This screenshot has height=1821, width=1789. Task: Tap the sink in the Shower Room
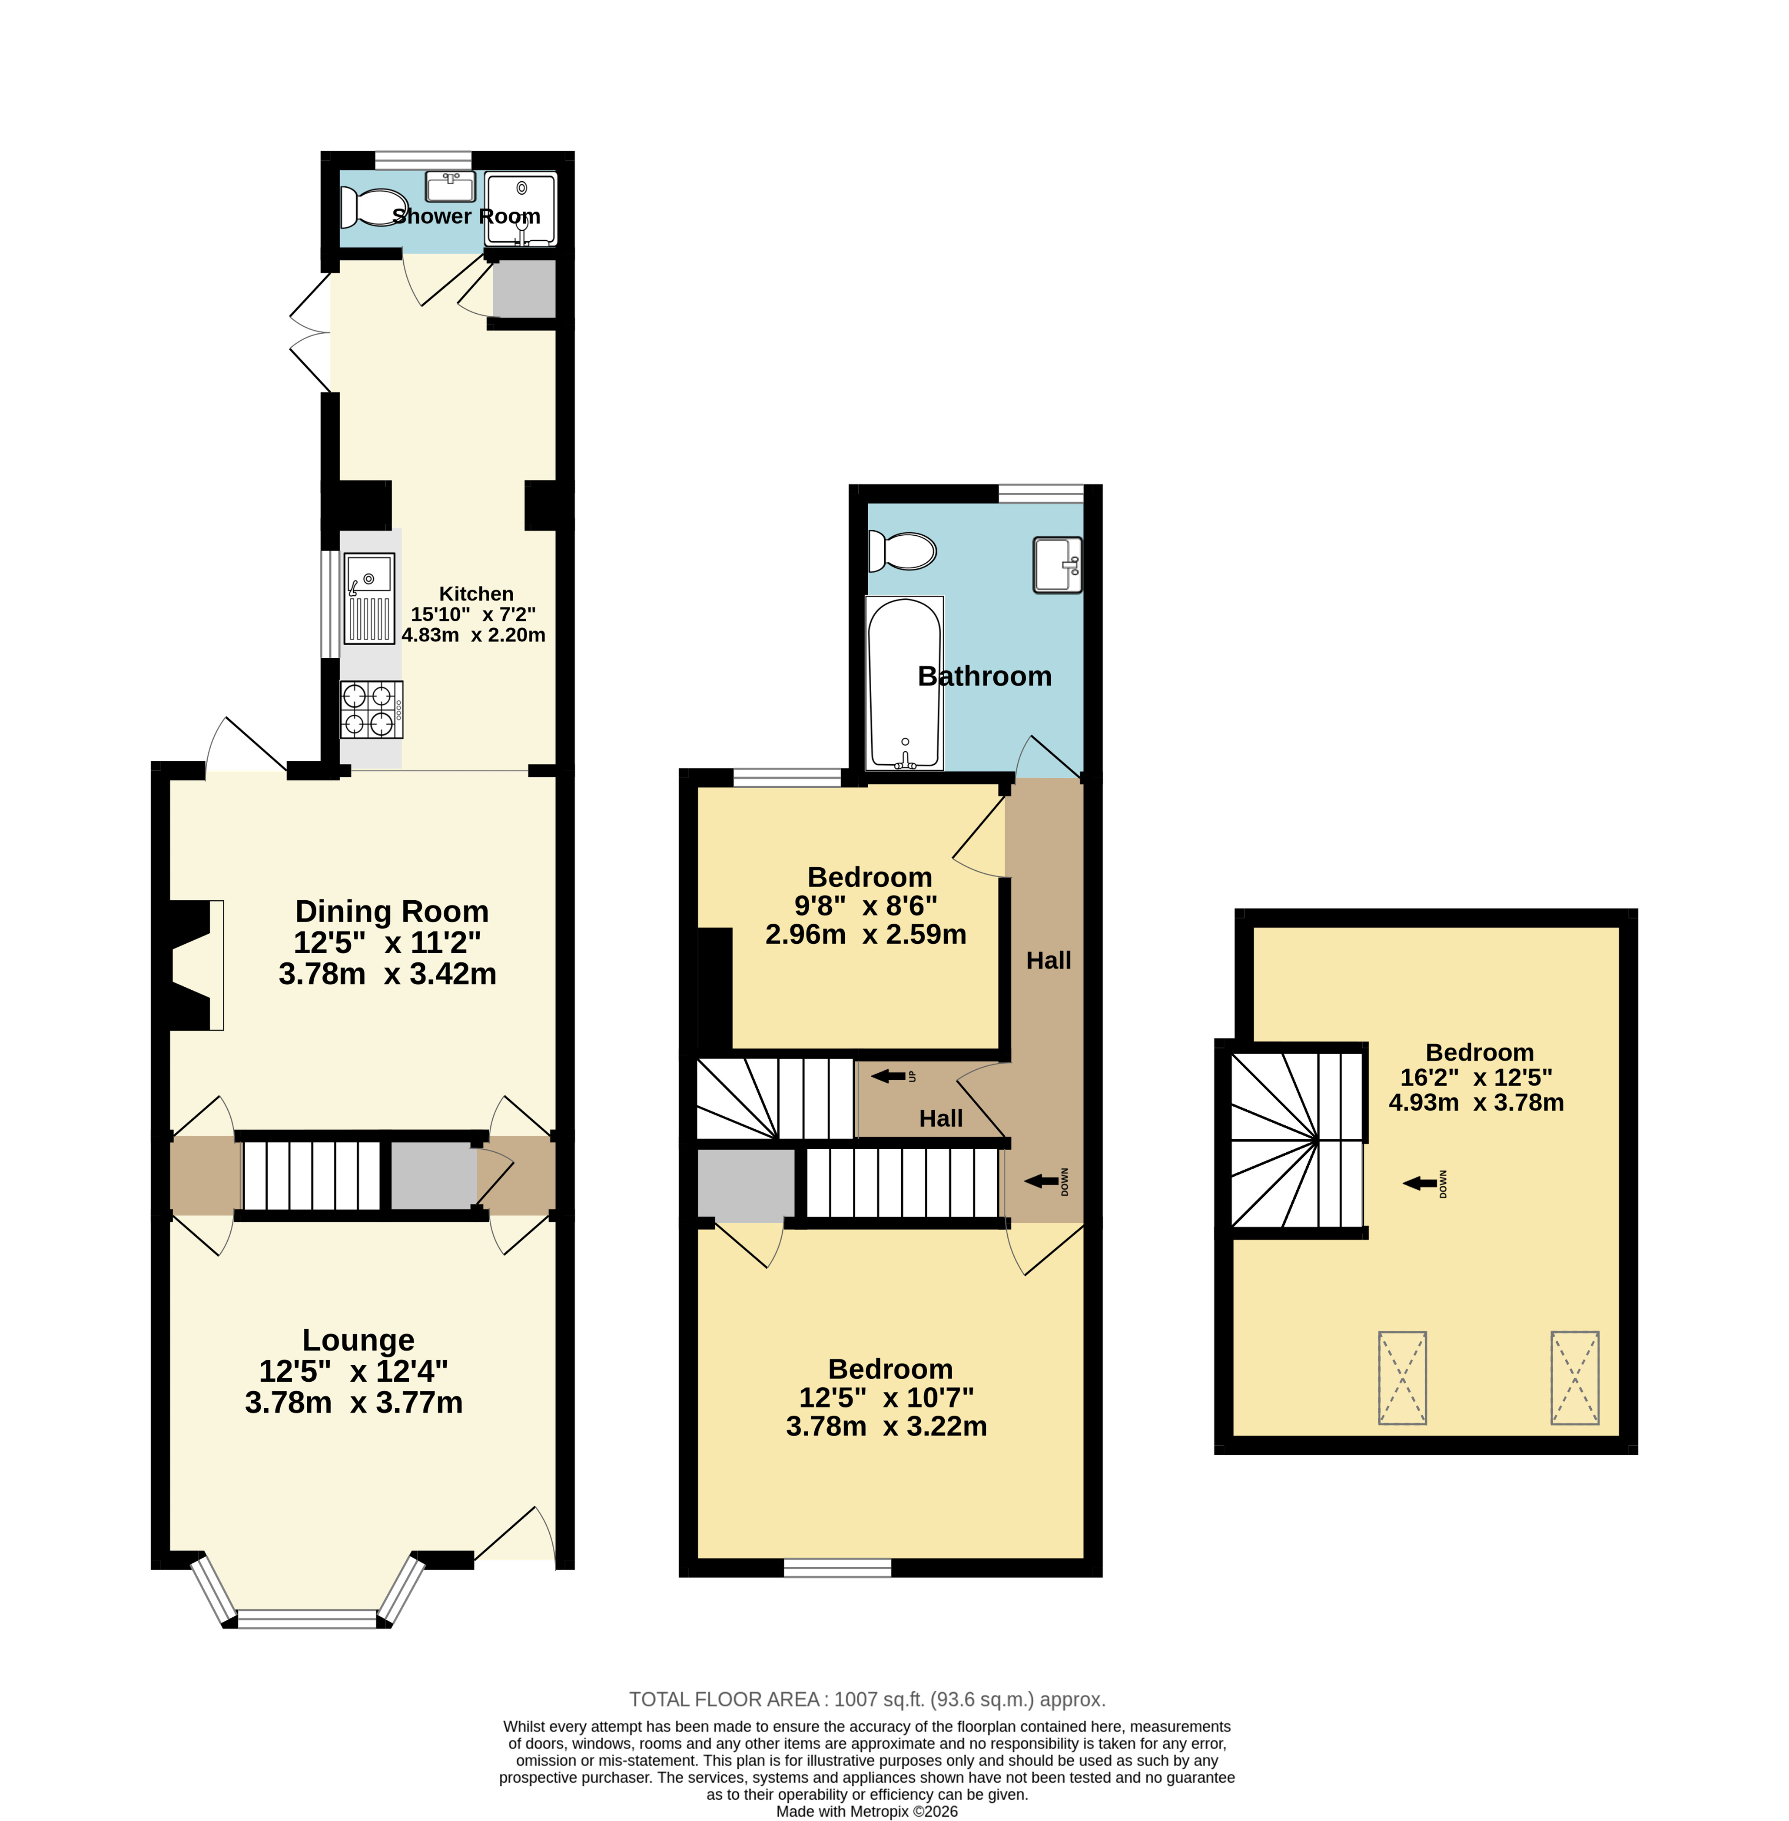(x=451, y=186)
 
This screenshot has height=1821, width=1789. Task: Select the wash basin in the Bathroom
(x=1058, y=565)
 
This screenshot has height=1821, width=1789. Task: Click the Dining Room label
(x=392, y=912)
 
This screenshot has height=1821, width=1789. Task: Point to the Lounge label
(x=358, y=1340)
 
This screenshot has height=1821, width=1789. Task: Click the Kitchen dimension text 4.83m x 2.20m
(x=474, y=635)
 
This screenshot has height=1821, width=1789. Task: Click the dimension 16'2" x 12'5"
(x=1476, y=1078)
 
